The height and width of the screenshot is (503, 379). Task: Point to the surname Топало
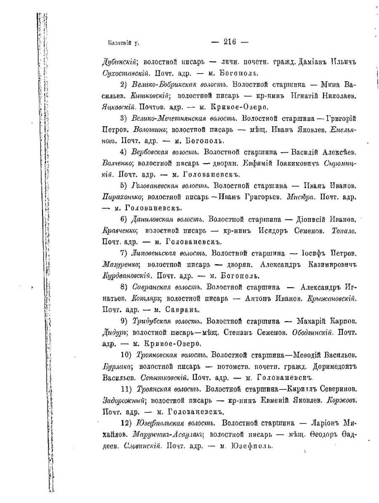(x=344, y=231)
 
